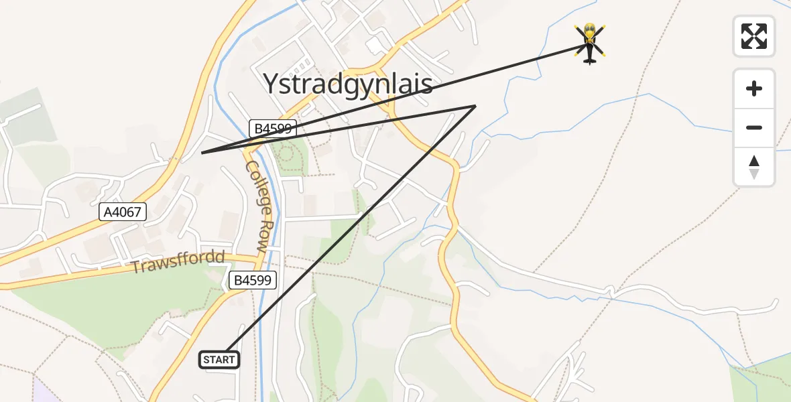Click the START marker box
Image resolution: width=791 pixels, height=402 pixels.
[x=219, y=360]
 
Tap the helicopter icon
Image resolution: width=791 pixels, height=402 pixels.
[x=590, y=43]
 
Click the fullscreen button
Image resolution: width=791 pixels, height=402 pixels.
[x=754, y=36]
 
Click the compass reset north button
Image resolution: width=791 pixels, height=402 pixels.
[x=754, y=167]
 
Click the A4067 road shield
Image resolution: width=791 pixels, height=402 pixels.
[x=122, y=212]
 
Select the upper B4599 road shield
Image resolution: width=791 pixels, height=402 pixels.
[x=273, y=129]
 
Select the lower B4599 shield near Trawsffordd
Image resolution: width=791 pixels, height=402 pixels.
[x=253, y=280]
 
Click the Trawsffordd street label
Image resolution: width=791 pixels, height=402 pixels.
[x=178, y=263]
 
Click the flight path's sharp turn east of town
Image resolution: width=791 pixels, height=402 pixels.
[x=475, y=106]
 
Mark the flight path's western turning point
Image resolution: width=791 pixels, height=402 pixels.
[x=202, y=153]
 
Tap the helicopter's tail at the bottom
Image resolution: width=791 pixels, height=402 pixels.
[x=590, y=61]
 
